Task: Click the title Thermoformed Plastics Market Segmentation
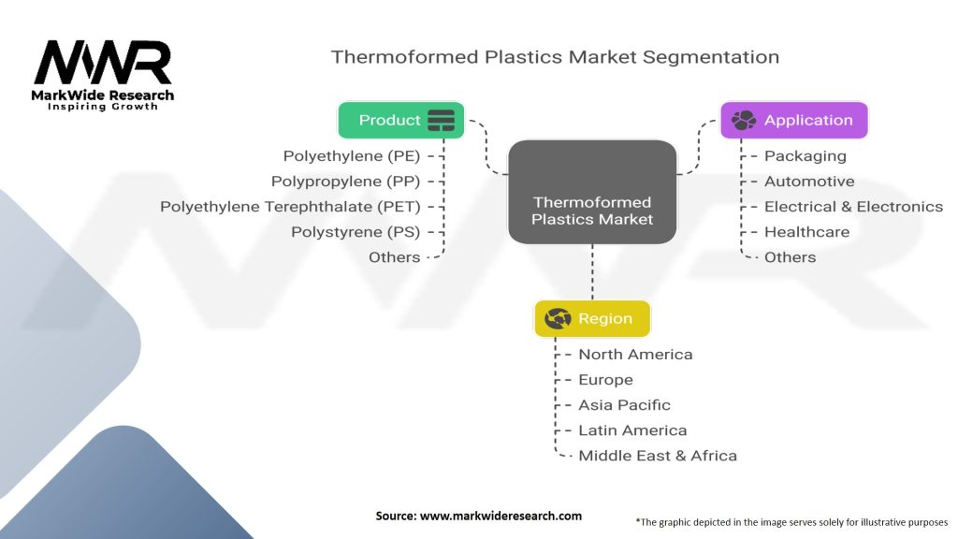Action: click(555, 56)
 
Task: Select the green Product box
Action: click(401, 120)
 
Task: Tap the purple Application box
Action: click(793, 120)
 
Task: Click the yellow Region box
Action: click(591, 318)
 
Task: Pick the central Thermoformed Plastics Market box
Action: click(592, 192)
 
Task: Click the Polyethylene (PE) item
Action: click(352, 155)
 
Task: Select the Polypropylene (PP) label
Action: click(345, 181)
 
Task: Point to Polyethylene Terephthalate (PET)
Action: click(290, 206)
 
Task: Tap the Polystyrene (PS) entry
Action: click(356, 231)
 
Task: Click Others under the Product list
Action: click(394, 256)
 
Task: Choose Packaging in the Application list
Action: click(805, 155)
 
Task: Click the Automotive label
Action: click(808, 181)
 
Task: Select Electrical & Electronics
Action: click(853, 206)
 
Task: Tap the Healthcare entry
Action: click(806, 231)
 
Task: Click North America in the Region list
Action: click(635, 354)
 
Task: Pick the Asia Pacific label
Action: click(624, 404)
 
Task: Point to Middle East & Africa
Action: click(657, 455)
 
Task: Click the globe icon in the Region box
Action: click(558, 318)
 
